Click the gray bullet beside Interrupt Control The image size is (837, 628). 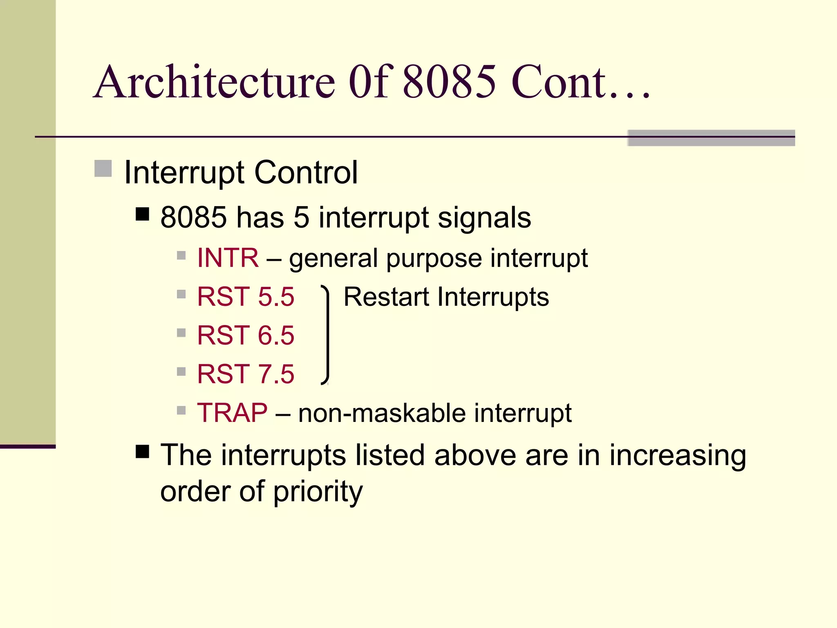pyautogui.click(x=103, y=168)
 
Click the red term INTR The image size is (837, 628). pyautogui.click(x=228, y=258)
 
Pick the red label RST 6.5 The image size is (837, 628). pyautogui.click(x=245, y=335)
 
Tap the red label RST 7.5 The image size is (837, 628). pyautogui.click(x=245, y=374)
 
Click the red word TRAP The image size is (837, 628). pyautogui.click(x=232, y=413)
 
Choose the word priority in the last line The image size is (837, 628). pyautogui.click(x=318, y=492)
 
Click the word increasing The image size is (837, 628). pyautogui.click(x=678, y=456)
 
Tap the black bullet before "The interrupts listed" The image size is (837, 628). pyautogui.click(x=142, y=452)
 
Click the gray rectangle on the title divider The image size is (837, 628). pyautogui.click(x=711, y=138)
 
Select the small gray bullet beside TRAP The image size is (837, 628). pyautogui.click(x=181, y=410)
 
